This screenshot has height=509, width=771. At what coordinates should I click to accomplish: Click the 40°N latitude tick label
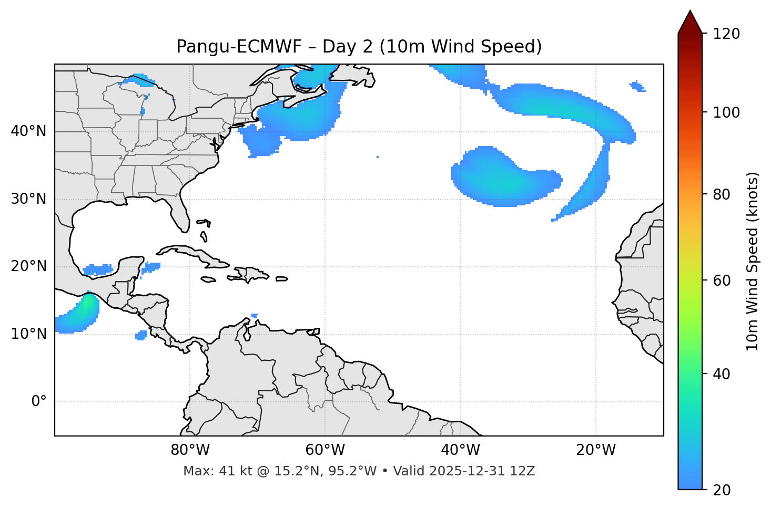28,131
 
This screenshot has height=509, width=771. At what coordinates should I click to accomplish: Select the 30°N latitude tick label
28,199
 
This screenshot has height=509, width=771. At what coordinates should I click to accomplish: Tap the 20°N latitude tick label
28,266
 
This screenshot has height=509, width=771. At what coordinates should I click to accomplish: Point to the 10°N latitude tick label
28,334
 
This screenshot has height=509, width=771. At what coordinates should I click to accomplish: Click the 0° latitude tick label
39,402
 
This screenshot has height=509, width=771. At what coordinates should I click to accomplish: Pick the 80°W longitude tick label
190,450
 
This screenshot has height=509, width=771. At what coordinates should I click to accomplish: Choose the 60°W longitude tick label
325,450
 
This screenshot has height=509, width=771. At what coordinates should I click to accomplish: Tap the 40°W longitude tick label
460,450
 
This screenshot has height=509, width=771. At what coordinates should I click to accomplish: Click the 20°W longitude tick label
596,450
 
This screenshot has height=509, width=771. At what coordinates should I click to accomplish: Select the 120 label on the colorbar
726,34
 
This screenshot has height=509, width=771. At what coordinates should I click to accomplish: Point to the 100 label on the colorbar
726,112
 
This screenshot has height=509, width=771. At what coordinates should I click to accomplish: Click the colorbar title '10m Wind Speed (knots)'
753,262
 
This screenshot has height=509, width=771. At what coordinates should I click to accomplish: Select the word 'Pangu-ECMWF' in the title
239,47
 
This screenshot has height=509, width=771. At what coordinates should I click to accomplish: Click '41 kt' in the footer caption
232,471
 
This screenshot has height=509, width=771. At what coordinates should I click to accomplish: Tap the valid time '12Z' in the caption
524,471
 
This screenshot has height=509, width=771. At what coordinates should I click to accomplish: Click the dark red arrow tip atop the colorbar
690,21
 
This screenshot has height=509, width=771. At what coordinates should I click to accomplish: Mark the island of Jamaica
208,279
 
